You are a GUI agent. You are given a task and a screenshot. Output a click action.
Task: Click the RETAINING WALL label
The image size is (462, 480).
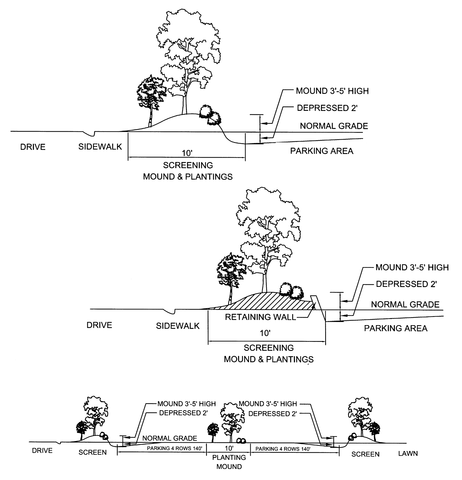(x=260, y=317)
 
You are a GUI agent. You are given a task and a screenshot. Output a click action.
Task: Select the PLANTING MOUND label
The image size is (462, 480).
(x=229, y=462)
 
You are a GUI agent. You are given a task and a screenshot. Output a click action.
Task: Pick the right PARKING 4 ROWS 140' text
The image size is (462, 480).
(x=283, y=449)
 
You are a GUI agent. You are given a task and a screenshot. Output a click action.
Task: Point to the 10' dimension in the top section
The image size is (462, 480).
(x=187, y=153)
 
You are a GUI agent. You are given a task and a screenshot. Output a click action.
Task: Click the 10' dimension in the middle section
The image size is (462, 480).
(x=265, y=333)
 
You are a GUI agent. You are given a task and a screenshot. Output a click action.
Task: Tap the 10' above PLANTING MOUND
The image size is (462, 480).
(x=229, y=448)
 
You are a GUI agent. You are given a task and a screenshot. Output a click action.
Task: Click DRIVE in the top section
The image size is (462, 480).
(x=33, y=147)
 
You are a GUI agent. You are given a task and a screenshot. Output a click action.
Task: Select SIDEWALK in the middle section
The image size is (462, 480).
(x=178, y=326)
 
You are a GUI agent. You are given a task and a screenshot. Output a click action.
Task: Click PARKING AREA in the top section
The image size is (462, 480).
(x=322, y=151)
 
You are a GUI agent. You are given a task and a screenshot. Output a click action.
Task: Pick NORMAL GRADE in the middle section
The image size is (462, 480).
(x=405, y=304)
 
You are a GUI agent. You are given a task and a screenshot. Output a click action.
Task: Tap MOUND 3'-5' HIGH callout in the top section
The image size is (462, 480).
(x=332, y=91)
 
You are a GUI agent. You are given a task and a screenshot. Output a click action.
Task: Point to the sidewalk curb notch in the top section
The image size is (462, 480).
(x=90, y=134)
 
